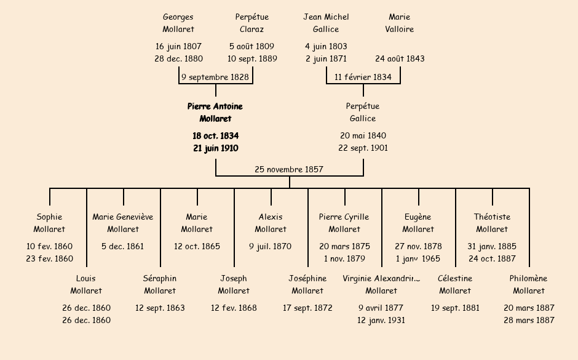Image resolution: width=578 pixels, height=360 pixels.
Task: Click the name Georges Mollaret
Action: (x=178, y=23)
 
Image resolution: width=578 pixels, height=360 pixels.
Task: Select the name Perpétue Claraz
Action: (x=252, y=23)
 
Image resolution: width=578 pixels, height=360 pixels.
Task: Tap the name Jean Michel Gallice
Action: (x=326, y=23)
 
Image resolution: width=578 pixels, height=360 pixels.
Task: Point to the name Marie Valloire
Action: (x=400, y=23)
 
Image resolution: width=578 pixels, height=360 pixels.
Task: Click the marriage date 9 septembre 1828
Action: (x=215, y=77)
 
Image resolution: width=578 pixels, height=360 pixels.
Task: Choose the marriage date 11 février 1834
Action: (x=363, y=77)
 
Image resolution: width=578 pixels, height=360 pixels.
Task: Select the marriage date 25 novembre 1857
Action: (x=289, y=169)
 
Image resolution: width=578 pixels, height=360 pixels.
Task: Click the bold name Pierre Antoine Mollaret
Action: (x=215, y=113)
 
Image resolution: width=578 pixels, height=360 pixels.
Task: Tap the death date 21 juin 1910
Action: (x=215, y=148)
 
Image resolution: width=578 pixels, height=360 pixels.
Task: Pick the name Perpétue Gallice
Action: (x=363, y=113)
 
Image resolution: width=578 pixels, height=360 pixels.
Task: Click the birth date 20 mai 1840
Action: (x=363, y=135)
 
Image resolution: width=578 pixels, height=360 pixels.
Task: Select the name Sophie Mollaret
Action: (x=49, y=223)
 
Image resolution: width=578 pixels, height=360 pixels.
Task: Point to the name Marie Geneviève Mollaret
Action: (x=123, y=223)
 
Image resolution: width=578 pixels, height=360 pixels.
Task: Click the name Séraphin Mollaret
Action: (x=160, y=284)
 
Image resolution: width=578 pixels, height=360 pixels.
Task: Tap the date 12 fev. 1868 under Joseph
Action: (x=234, y=308)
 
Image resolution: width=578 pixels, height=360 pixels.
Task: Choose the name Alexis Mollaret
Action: (x=271, y=223)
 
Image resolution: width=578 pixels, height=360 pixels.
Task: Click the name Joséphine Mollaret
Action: (x=307, y=284)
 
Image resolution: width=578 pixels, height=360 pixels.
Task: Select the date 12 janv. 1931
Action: (x=381, y=320)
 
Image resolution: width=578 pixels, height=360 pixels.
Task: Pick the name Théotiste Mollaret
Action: (x=492, y=223)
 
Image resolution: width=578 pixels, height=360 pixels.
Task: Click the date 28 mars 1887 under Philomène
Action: (x=529, y=320)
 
